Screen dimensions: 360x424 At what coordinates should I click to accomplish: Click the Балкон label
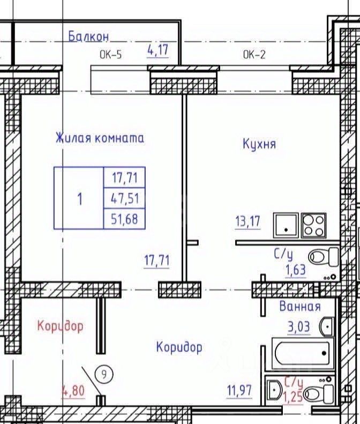(x=88, y=36)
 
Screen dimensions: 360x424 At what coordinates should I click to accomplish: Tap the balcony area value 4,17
(x=158, y=50)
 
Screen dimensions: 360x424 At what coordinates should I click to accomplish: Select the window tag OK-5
(x=111, y=55)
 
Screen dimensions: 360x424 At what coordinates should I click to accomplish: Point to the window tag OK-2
(x=254, y=55)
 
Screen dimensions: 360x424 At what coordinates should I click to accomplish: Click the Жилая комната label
(x=100, y=138)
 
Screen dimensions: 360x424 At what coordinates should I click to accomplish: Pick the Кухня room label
(x=259, y=144)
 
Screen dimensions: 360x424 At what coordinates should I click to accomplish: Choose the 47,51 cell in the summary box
(x=125, y=198)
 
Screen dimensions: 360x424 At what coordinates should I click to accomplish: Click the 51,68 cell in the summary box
(x=125, y=219)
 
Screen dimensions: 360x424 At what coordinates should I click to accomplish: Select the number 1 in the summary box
(x=80, y=199)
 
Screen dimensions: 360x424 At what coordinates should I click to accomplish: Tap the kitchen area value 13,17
(x=247, y=222)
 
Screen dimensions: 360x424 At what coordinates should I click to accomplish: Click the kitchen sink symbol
(x=286, y=225)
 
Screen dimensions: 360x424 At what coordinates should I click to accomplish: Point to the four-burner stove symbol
(x=313, y=225)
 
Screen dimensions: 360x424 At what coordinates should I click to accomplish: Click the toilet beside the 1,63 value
(x=324, y=257)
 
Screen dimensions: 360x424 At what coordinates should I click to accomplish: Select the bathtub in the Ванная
(x=302, y=353)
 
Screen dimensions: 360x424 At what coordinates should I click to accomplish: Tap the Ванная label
(x=300, y=307)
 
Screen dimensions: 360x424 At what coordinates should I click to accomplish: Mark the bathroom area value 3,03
(x=298, y=327)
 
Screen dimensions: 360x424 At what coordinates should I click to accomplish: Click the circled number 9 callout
(x=104, y=375)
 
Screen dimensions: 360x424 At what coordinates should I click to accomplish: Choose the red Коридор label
(x=61, y=326)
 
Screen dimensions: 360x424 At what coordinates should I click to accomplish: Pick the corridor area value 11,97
(x=239, y=391)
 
